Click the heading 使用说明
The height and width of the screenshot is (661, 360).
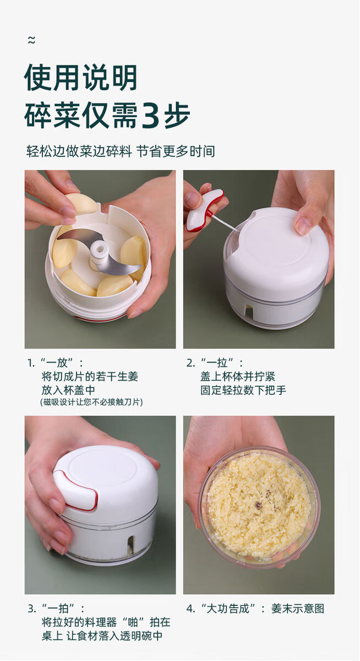click(81, 78)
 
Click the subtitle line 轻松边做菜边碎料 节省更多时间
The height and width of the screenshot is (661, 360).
click(121, 151)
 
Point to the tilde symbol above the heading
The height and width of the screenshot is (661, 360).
click(31, 40)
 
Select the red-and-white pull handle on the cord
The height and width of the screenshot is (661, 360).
click(204, 210)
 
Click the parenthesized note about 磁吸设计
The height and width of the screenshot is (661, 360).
click(91, 402)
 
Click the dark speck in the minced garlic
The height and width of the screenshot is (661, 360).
click(259, 506)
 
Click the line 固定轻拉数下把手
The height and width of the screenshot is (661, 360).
click(243, 390)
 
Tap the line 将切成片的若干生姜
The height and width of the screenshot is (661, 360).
click(90, 377)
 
